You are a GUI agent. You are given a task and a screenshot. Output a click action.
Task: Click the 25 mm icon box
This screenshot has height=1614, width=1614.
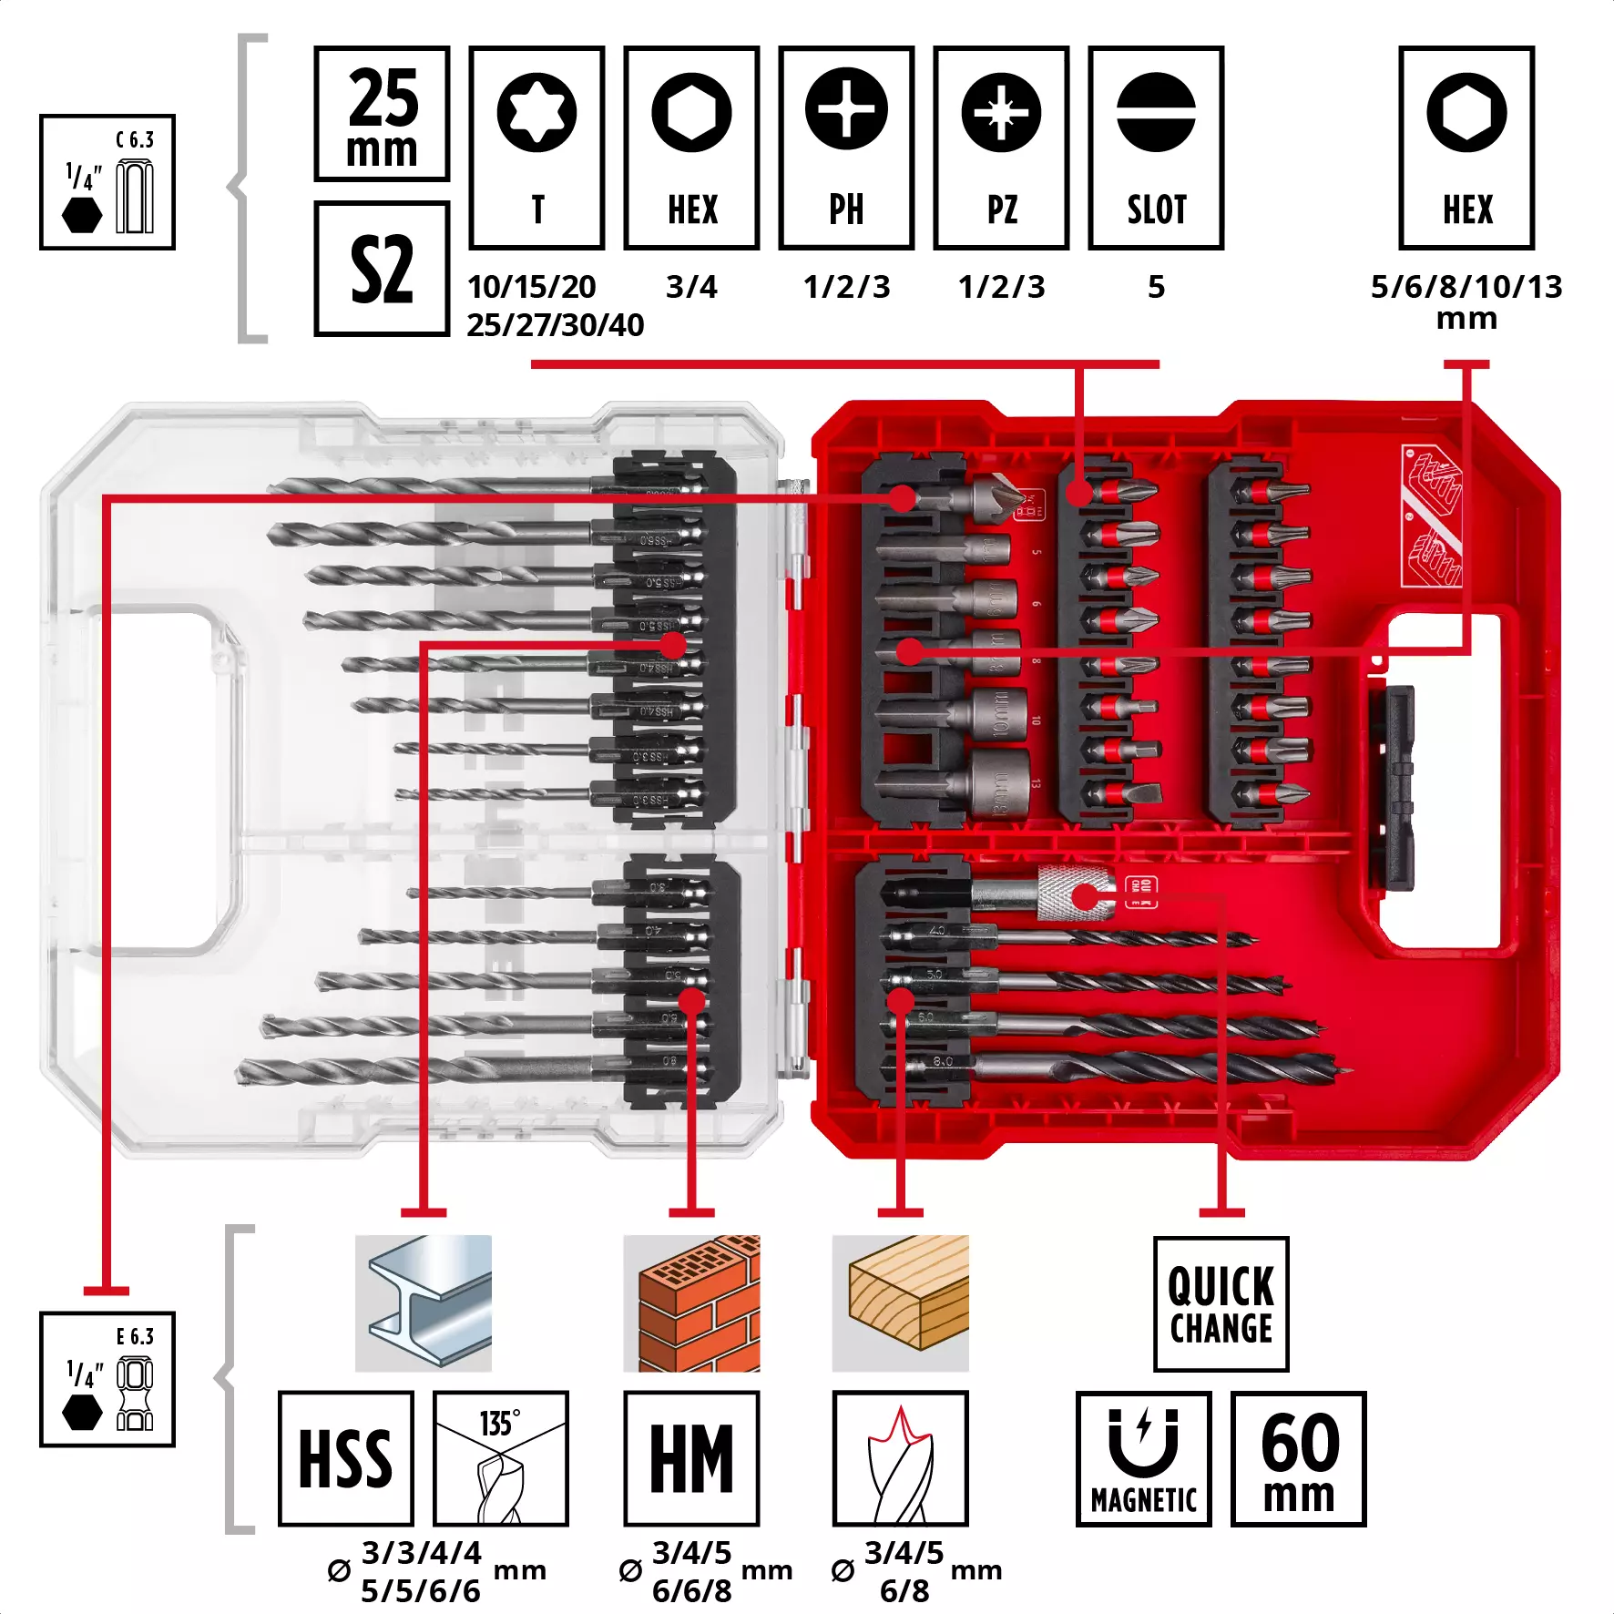(382, 114)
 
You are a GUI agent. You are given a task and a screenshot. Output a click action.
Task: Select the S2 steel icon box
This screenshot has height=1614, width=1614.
(382, 269)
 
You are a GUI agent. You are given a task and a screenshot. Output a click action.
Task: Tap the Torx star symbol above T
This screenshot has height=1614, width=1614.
(536, 112)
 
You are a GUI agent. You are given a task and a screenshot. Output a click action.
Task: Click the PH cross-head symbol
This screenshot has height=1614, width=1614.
(846, 109)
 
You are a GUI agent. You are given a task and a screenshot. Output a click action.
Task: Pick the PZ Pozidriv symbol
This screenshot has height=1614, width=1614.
(1001, 112)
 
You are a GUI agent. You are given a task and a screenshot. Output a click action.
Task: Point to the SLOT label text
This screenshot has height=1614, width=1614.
(1156, 209)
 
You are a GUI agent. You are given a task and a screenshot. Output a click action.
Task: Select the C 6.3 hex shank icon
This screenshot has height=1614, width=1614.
(107, 182)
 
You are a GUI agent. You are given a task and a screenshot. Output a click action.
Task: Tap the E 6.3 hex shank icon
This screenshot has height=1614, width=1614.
(107, 1379)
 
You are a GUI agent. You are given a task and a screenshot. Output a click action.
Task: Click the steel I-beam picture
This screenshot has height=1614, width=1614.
(424, 1302)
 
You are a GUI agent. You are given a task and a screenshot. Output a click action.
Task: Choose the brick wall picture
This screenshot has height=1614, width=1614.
(691, 1302)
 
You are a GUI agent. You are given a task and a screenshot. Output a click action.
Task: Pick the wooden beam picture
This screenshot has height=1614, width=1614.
(900, 1302)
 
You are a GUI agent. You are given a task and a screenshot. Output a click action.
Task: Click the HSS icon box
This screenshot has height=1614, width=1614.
(346, 1458)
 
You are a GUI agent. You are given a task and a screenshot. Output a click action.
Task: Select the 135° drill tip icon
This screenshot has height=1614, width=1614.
(500, 1458)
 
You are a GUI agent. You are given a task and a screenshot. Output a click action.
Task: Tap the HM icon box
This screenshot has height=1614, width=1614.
(691, 1458)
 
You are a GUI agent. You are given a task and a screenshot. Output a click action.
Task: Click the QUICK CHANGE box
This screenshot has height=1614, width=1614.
(1221, 1303)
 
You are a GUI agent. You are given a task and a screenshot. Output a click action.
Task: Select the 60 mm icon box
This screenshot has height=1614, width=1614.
(1298, 1458)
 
